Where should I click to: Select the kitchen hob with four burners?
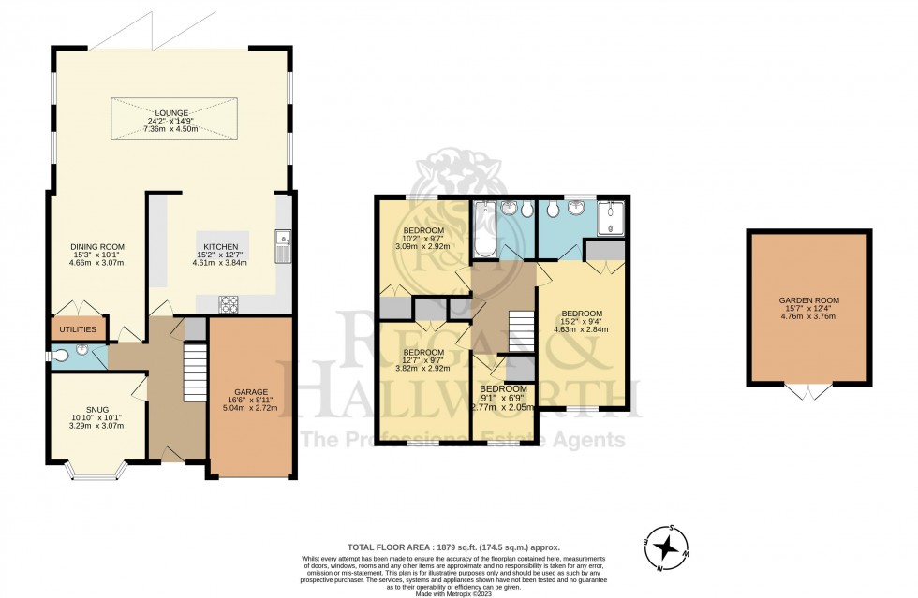coord(229,302)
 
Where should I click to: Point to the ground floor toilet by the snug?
coord(62,355)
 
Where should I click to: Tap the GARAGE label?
coord(250,391)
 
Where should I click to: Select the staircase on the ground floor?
coord(193,372)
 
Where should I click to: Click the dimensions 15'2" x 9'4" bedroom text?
coord(582,320)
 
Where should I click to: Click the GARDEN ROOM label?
coord(808,300)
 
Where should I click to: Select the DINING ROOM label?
coord(98,247)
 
